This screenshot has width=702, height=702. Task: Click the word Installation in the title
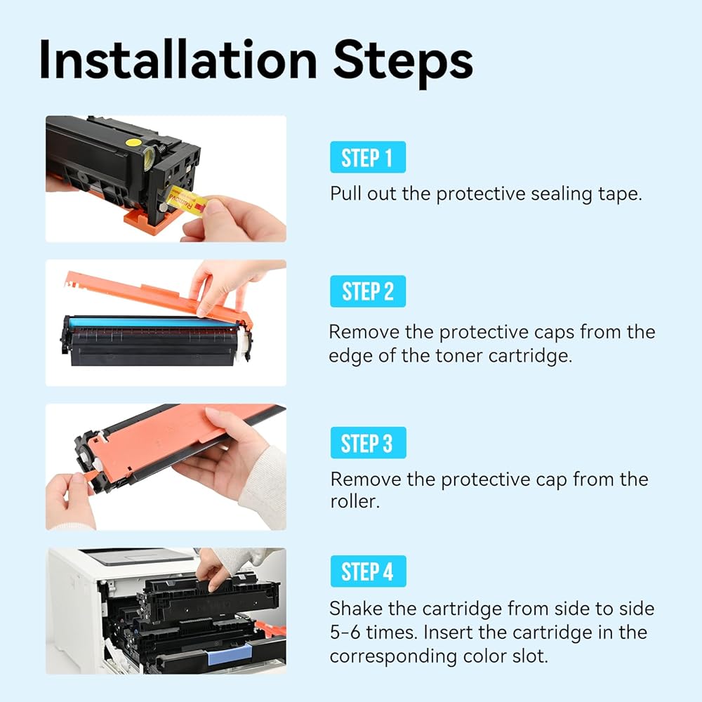[x=178, y=60]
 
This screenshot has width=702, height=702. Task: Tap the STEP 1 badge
[x=368, y=157]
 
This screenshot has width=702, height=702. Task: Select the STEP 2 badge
[x=368, y=291]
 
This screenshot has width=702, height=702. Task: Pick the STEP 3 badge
[x=368, y=443]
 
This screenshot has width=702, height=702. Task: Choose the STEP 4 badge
[x=368, y=571]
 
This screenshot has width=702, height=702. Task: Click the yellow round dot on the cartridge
[x=133, y=143]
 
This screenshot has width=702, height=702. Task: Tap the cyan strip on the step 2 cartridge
[x=147, y=322]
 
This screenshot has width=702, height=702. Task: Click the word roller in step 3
[x=355, y=501]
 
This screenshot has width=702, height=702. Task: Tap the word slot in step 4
[x=531, y=656]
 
